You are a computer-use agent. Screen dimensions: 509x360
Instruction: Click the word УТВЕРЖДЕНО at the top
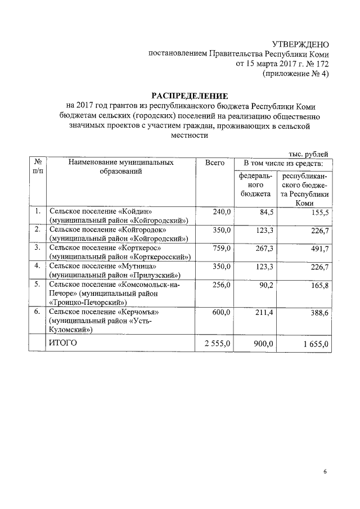point(300,44)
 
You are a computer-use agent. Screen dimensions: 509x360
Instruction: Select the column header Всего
point(214,163)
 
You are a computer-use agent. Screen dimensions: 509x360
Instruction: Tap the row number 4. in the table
point(37,265)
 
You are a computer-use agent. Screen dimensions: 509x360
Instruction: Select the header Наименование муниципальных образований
point(121,167)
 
